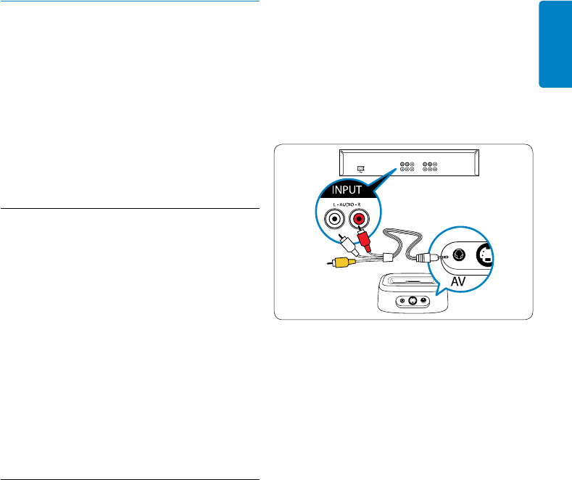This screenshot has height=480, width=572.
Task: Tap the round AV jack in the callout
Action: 459,255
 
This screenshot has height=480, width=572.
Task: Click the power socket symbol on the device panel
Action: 362,168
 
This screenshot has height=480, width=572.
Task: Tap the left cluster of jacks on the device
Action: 406,166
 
